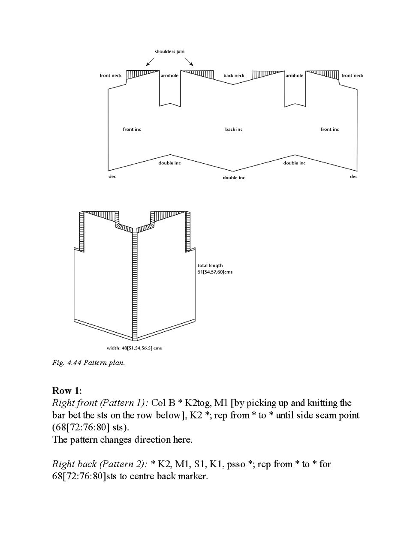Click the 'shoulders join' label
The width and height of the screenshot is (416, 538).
(169, 51)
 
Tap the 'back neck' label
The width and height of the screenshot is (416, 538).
(234, 76)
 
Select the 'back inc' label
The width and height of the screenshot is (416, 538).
(234, 129)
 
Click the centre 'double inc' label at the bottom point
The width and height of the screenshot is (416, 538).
(234, 177)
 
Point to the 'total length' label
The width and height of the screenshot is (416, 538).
(210, 266)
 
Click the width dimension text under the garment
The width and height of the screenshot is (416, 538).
(134, 348)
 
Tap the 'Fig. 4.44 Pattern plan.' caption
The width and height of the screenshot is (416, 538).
(88, 363)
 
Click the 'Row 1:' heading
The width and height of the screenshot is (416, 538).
(67, 391)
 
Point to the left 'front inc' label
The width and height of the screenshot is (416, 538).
(132, 129)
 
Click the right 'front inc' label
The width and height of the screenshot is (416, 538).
(330, 129)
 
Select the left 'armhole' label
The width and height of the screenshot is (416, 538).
(169, 76)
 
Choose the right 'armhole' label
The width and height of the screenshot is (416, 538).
(294, 76)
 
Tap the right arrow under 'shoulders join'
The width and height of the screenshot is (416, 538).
(189, 61)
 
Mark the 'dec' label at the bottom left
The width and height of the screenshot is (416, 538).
(112, 177)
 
